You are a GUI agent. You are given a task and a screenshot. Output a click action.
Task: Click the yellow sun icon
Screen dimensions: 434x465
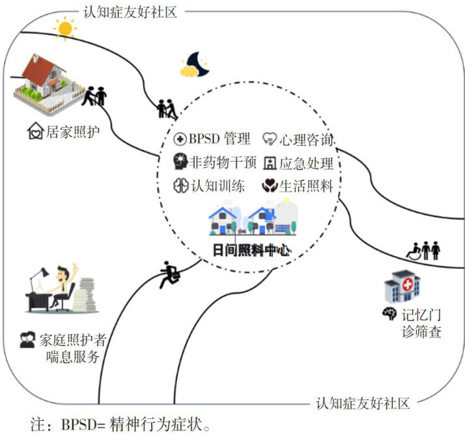(x=64, y=28)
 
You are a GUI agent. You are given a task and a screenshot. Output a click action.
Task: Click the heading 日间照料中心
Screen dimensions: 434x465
(x=252, y=250)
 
